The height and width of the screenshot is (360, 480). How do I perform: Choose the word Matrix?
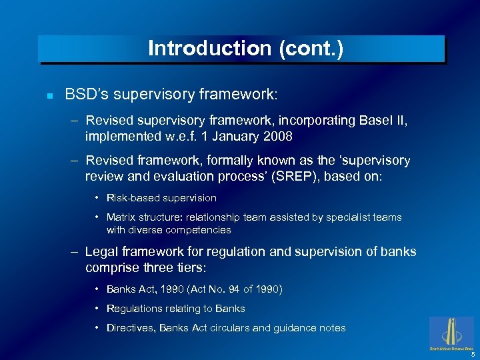122,217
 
